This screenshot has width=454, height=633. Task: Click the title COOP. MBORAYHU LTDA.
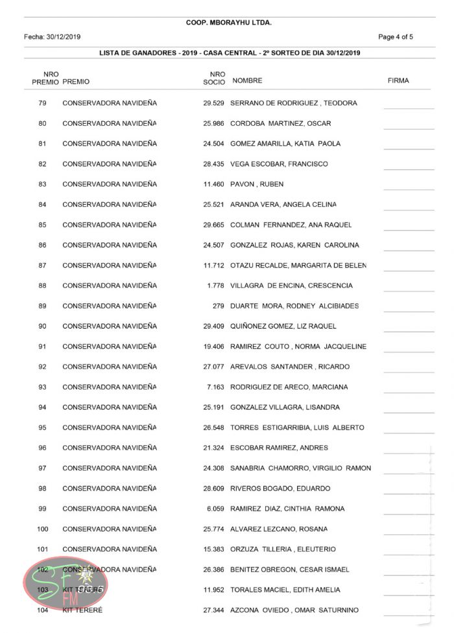point(228,23)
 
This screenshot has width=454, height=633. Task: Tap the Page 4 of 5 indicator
point(395,37)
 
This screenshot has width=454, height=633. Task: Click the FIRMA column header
point(398,81)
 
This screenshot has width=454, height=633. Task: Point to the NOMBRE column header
point(247,81)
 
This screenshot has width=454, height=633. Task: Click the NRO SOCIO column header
point(217,78)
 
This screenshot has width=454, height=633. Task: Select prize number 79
point(42,103)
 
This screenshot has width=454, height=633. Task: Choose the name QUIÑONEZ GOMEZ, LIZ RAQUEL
point(283,326)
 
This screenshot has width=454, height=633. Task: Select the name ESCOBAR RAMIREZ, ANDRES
point(279,448)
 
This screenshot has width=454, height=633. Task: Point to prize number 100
point(42,529)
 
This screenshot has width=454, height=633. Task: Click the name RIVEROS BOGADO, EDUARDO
point(280,489)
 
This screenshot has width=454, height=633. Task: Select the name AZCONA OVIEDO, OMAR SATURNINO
point(294,610)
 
